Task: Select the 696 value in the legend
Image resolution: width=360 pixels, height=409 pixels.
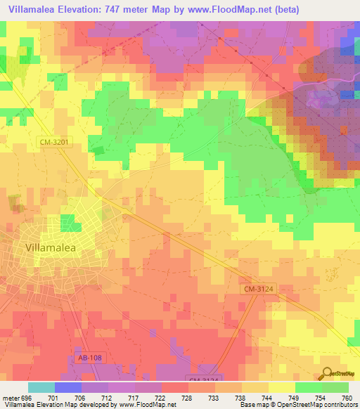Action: coord(24,398)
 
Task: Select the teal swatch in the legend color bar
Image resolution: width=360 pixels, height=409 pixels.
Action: coord(41,387)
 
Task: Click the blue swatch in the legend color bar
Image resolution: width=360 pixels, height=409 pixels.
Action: coord(68,387)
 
